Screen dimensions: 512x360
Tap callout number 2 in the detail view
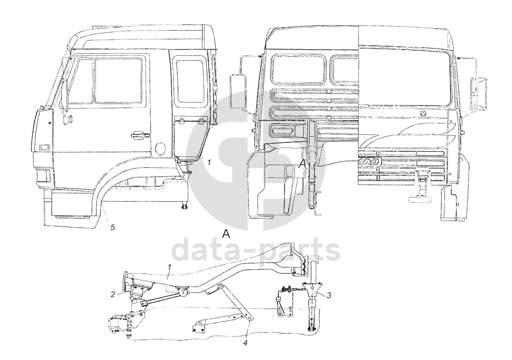click(x=113, y=295)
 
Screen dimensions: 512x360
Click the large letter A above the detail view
click(x=226, y=234)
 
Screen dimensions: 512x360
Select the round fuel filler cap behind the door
click(x=160, y=148)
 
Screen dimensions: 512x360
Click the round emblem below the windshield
click(x=422, y=113)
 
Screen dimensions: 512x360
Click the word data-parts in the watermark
click(x=256, y=250)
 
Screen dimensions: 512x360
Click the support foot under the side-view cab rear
click(x=186, y=204)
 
